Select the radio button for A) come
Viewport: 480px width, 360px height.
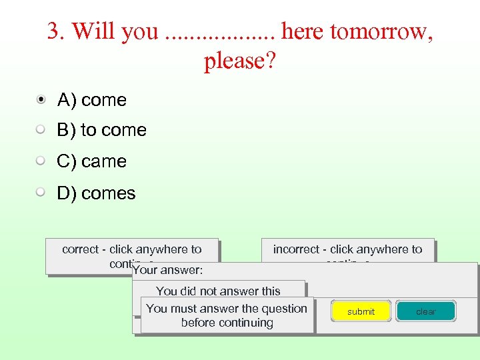click(x=41, y=100)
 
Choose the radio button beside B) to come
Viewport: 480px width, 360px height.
click(x=41, y=130)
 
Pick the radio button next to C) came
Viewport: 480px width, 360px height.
click(x=41, y=161)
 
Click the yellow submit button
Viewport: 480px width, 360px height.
click(x=361, y=311)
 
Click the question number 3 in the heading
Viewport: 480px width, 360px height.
click(x=53, y=31)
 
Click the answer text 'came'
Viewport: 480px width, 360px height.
click(x=104, y=161)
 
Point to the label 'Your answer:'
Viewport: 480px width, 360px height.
click(x=168, y=271)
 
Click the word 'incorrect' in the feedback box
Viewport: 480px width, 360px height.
click(x=296, y=249)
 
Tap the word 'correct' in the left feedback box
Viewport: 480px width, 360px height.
click(x=80, y=249)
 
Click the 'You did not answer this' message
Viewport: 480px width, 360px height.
click(x=218, y=291)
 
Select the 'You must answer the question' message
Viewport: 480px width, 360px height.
click(x=227, y=309)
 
